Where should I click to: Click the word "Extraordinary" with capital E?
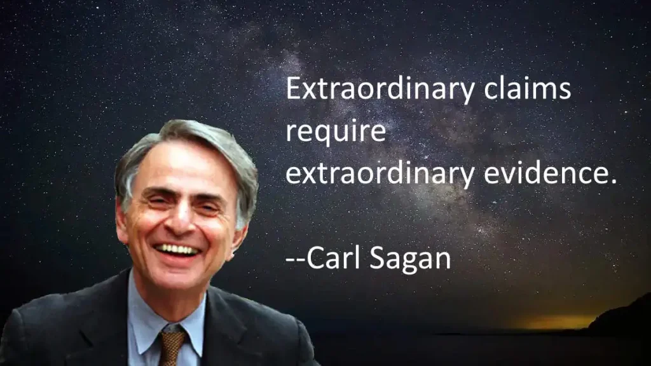tap(380, 90)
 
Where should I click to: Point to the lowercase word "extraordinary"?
tap(380, 173)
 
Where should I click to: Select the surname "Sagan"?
tap(410, 259)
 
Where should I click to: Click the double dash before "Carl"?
tap(296, 261)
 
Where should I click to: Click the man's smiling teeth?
tap(177, 249)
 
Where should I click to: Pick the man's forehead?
tap(182, 166)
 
